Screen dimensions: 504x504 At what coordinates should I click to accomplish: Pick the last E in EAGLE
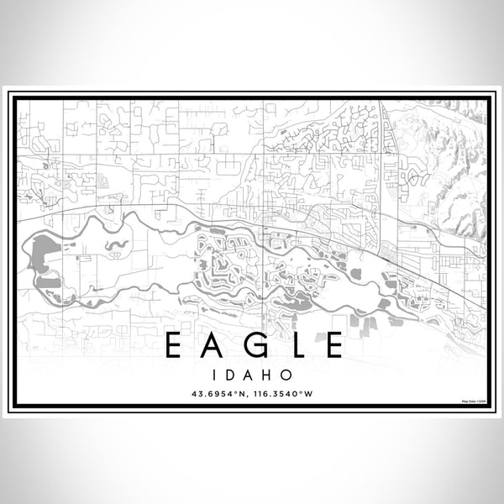pos(330,345)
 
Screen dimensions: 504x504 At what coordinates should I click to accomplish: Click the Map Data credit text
pos(471,400)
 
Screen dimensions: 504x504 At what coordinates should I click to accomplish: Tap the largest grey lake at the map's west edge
pos(38,252)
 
